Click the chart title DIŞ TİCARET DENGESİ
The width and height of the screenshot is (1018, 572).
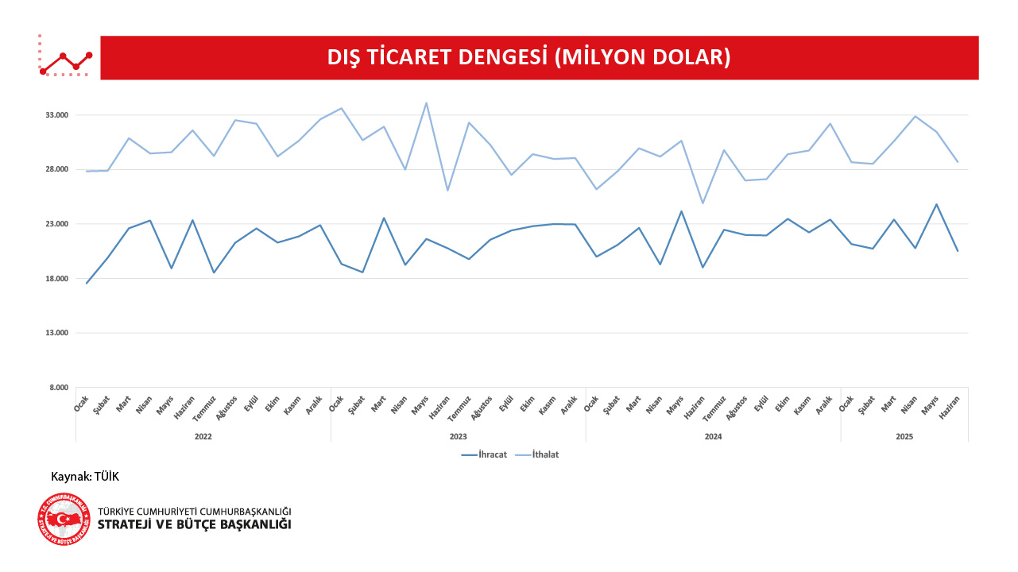click(528, 57)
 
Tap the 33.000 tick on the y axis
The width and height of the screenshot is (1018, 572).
click(56, 115)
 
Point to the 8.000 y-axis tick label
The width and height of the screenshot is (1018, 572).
click(59, 388)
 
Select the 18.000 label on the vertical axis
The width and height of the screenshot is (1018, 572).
click(56, 279)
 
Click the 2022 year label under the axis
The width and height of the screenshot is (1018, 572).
click(203, 437)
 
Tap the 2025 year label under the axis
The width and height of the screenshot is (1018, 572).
click(904, 437)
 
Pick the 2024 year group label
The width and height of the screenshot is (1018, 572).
click(713, 437)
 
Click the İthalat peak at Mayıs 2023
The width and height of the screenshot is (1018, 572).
click(426, 102)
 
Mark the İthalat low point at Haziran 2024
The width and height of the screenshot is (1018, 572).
click(703, 203)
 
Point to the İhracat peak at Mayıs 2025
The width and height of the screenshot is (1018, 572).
click(936, 204)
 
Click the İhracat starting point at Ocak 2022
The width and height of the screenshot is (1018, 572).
click(87, 284)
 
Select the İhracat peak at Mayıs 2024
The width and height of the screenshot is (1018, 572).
click(681, 211)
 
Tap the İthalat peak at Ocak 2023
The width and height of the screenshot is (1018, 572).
click(341, 108)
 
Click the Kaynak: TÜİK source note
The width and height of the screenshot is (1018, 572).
click(85, 477)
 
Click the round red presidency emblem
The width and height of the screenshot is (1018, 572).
click(64, 519)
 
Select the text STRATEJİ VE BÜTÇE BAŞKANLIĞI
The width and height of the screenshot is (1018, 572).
click(194, 525)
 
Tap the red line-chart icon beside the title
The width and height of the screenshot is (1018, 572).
click(65, 57)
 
